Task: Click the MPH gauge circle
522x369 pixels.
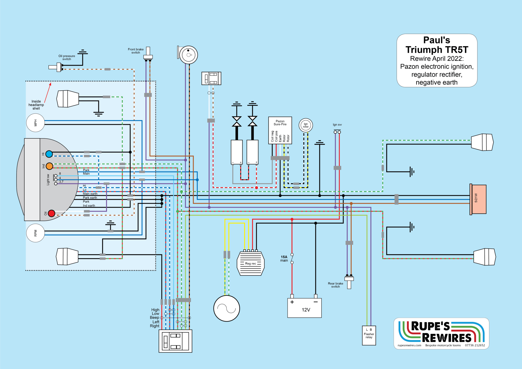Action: tap(35, 123)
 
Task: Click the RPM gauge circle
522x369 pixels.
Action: tap(35, 233)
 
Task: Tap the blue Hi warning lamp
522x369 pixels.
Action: tap(49, 154)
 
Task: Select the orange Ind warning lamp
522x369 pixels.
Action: tap(49, 166)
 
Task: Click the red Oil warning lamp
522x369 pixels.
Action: tap(51, 213)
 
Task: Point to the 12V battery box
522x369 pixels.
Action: tap(304, 308)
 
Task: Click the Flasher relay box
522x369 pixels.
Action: tap(369, 335)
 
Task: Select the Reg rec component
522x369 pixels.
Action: tap(251, 263)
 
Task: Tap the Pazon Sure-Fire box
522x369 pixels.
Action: tap(280, 130)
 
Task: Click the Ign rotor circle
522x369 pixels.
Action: tap(306, 125)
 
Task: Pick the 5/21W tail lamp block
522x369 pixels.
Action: tap(478, 199)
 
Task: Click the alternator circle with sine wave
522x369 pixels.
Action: tap(227, 308)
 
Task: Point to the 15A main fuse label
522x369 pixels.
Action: tap(284, 259)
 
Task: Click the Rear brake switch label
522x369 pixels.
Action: tap(335, 285)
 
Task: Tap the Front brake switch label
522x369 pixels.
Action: tap(136, 51)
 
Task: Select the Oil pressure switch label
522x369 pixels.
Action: tap(67, 57)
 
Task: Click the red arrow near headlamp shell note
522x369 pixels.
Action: tap(48, 93)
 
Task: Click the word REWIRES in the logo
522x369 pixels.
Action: tap(447, 338)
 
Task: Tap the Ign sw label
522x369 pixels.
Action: tap(337, 125)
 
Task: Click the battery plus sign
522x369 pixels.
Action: tap(292, 302)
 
